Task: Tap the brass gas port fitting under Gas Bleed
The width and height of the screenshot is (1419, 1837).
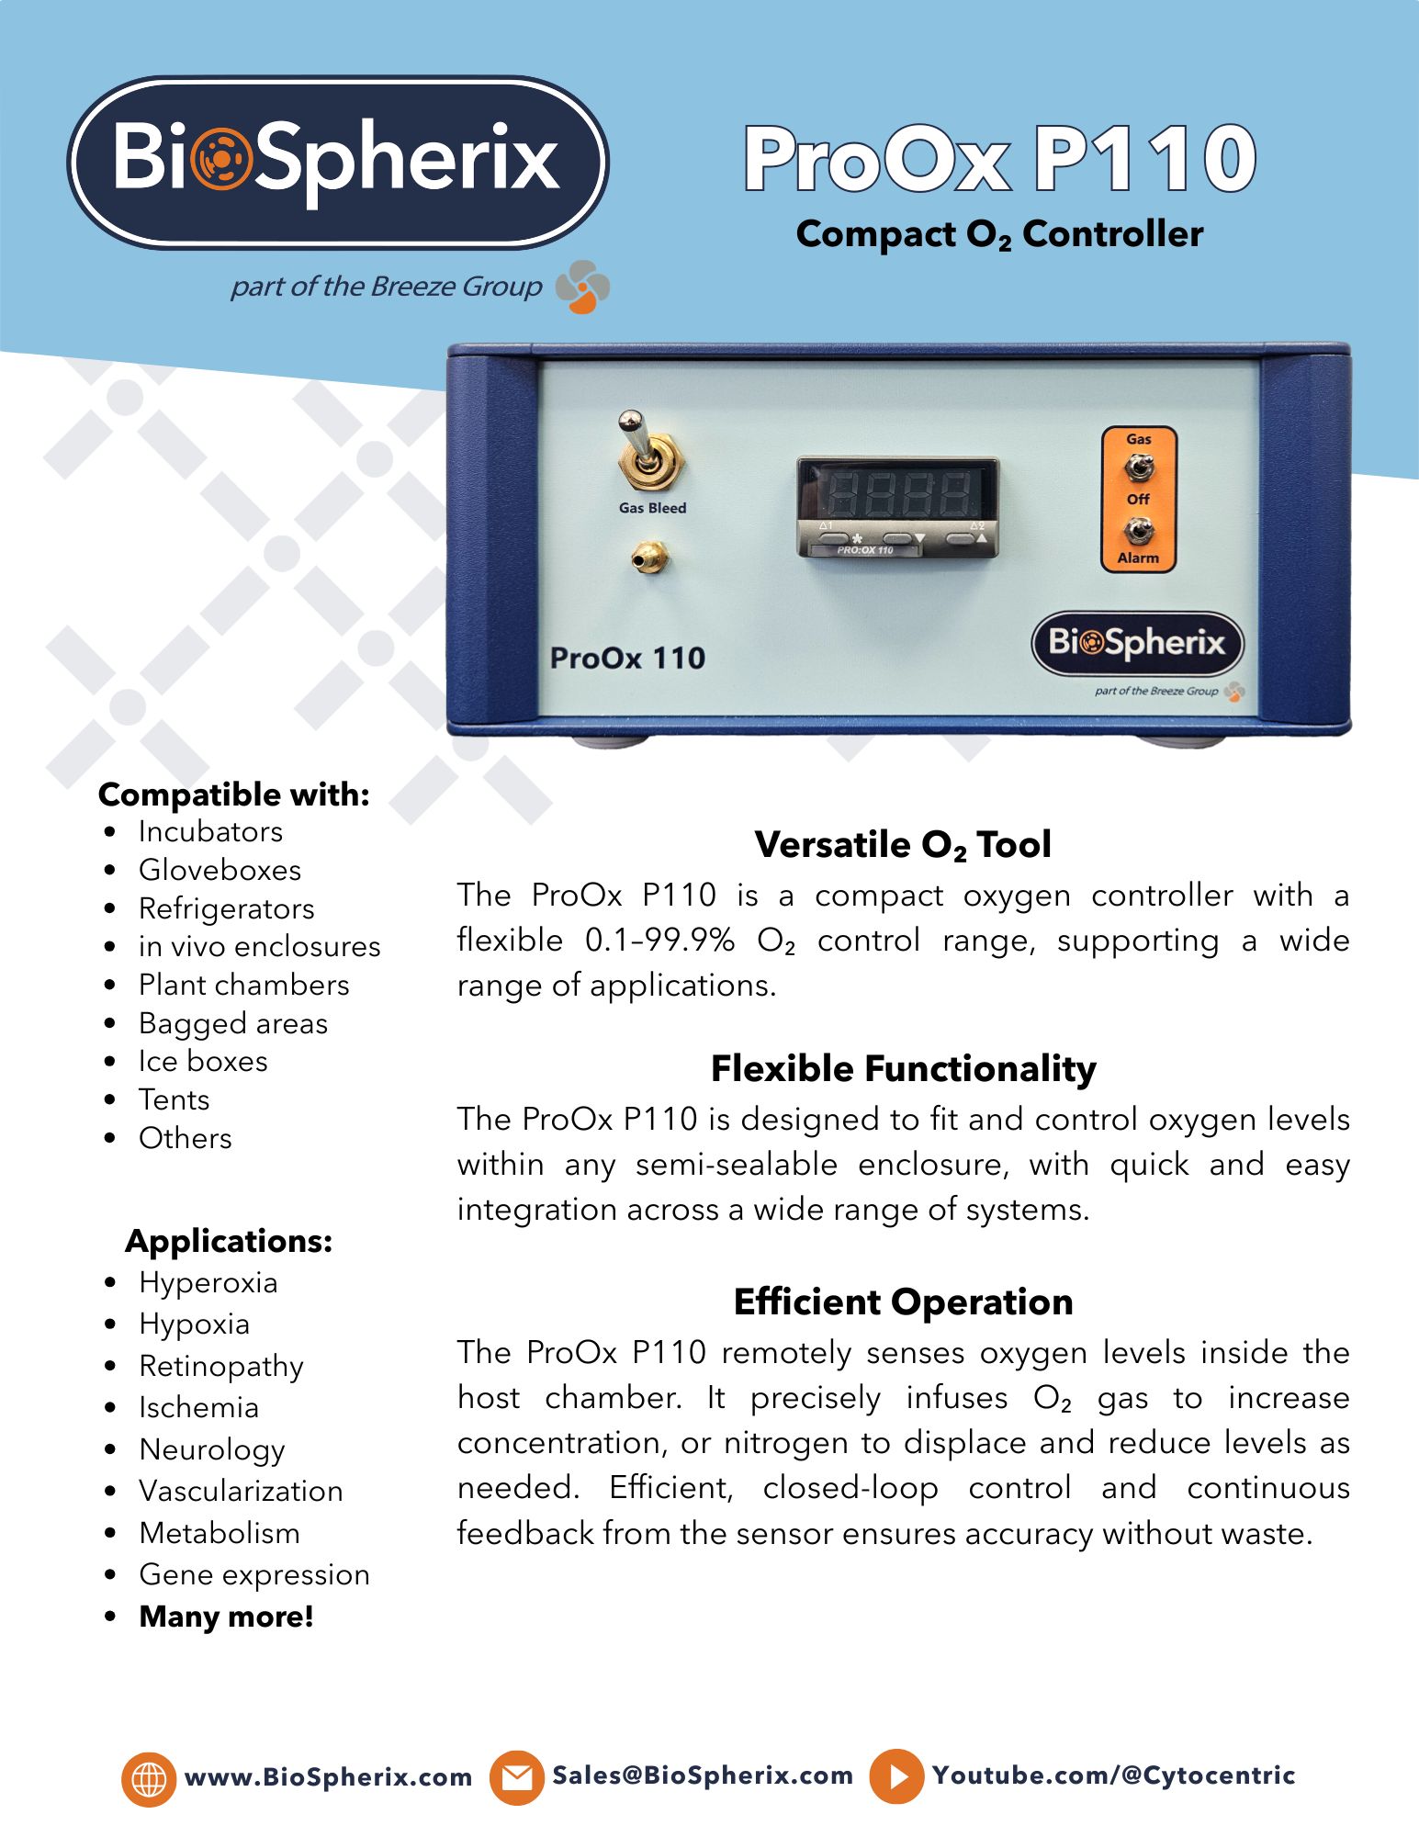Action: click(650, 557)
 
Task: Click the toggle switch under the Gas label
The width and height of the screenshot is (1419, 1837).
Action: click(1138, 469)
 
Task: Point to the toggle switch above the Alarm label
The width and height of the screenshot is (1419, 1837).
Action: click(1138, 530)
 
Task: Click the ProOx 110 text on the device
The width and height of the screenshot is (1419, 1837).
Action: click(627, 659)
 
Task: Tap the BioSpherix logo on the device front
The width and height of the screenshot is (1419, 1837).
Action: click(1137, 643)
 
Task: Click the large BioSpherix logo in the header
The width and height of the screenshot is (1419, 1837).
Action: click(337, 162)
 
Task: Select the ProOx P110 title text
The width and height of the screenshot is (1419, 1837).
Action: click(999, 159)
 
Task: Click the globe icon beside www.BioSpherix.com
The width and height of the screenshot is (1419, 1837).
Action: click(148, 1778)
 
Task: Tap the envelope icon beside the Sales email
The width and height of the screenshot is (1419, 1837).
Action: click(516, 1777)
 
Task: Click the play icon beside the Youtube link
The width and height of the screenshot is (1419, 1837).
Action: click(896, 1776)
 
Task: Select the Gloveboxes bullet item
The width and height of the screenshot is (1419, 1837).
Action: click(220, 870)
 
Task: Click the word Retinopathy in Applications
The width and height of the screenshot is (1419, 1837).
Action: click(221, 1366)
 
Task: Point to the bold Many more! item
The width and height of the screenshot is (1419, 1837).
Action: click(226, 1617)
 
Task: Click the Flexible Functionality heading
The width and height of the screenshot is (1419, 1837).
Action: click(903, 1069)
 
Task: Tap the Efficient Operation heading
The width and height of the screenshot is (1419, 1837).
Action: click(903, 1302)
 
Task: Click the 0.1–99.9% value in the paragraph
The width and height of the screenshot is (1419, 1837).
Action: click(659, 941)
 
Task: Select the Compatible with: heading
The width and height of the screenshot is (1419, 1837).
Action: click(234, 795)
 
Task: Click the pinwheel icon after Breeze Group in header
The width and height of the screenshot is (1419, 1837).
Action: click(582, 287)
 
